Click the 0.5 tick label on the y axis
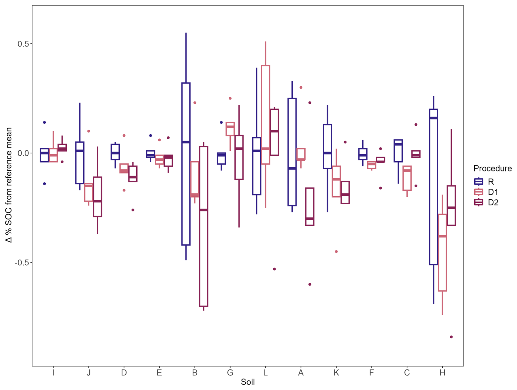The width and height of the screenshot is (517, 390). coord(23,44)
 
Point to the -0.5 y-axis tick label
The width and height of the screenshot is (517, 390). coord(22,263)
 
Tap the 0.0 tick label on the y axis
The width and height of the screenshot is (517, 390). coord(23,153)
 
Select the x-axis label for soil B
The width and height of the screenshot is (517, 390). coord(195,373)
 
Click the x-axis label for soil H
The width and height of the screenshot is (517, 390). coord(442,373)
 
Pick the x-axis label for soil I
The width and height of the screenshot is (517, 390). coord(53,373)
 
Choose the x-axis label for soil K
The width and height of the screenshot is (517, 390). coord(336,373)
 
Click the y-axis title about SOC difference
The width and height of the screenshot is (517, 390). coord(9,185)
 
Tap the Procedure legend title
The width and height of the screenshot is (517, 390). coord(492,168)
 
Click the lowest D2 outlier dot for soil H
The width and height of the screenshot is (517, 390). coord(451,337)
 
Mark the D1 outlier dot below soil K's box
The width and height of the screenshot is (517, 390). coord(336,252)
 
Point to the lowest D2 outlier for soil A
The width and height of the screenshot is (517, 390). coord(310,284)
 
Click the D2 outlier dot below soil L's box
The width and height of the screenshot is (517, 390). coord(274,269)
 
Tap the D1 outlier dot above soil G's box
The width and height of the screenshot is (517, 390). coord(230,98)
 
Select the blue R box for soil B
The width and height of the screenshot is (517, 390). coord(186,164)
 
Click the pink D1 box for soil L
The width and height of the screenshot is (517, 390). coord(265,115)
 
